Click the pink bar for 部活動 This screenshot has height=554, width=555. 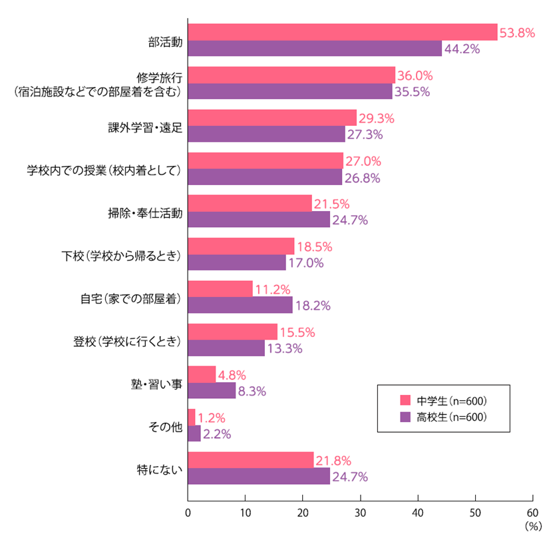point(343,32)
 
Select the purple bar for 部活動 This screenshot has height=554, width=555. point(315,49)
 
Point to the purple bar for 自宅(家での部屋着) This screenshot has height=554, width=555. point(240,305)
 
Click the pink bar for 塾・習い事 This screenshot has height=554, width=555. point(202,374)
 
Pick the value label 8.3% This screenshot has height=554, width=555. point(252,392)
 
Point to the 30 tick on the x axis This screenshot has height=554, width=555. point(360,513)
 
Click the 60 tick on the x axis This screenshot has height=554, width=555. point(532,513)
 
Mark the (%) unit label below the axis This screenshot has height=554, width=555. point(534,526)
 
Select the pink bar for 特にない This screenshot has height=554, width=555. point(251,460)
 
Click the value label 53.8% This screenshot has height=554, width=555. point(517,32)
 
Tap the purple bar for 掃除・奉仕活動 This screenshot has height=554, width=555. point(259,219)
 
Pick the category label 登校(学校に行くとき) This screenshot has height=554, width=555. point(126,340)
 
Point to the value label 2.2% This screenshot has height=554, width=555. point(216,434)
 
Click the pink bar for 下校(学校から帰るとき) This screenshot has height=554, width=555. point(241,246)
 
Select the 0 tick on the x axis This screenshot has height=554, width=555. point(188,513)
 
